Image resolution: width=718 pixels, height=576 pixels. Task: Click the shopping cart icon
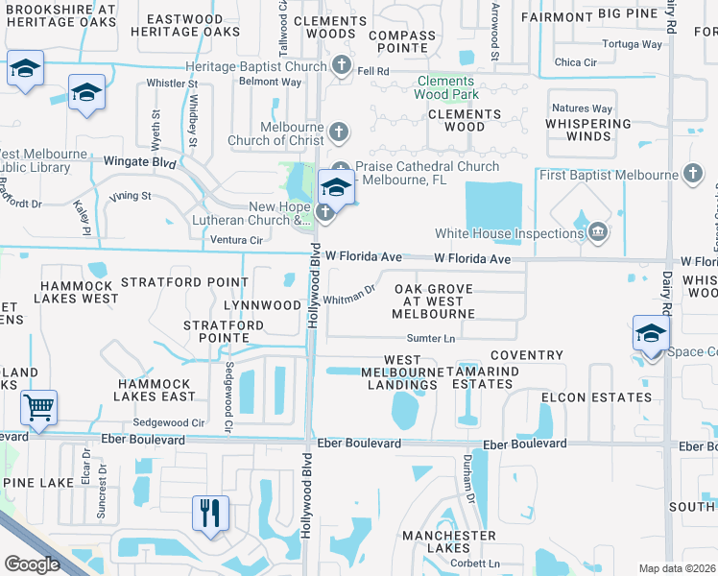click(38, 407)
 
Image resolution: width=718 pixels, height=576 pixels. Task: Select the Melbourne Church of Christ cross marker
click(336, 131)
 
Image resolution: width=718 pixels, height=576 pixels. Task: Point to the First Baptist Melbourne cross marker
click(693, 174)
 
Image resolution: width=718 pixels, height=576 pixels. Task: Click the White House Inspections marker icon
click(598, 231)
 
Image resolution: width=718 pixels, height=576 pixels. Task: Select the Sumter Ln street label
click(430, 338)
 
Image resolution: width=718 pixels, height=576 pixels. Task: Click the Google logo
click(32, 564)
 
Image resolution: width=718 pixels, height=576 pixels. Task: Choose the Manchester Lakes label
click(449, 541)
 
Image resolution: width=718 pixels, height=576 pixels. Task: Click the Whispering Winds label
click(588, 130)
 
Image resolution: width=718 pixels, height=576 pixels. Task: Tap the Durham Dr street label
click(471, 486)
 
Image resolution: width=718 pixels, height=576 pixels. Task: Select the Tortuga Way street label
click(632, 44)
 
